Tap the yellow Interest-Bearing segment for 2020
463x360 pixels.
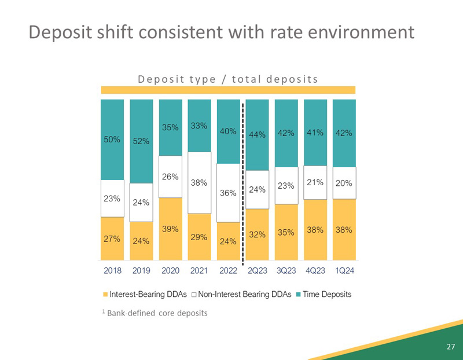point(170,229)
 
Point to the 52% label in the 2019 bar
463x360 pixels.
point(141,141)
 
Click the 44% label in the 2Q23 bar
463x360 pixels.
point(257,135)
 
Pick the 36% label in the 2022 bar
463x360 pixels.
point(228,193)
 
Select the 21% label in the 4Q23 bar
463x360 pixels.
point(315,183)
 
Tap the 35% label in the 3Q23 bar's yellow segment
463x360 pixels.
point(286,233)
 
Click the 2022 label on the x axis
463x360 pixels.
point(228,270)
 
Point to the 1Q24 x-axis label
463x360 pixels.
point(344,270)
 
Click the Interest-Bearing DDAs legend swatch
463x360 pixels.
point(105,295)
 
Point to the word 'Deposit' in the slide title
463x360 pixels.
point(63,31)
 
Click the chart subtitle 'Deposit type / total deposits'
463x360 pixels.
point(228,79)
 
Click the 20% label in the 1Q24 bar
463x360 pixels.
point(344,183)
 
